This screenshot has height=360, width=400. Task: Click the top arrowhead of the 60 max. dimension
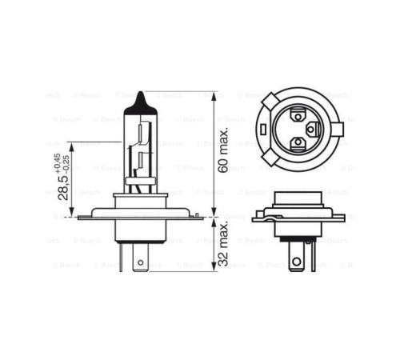[x=213, y=94]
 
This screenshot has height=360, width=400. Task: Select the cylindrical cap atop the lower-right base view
[x=297, y=201]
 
